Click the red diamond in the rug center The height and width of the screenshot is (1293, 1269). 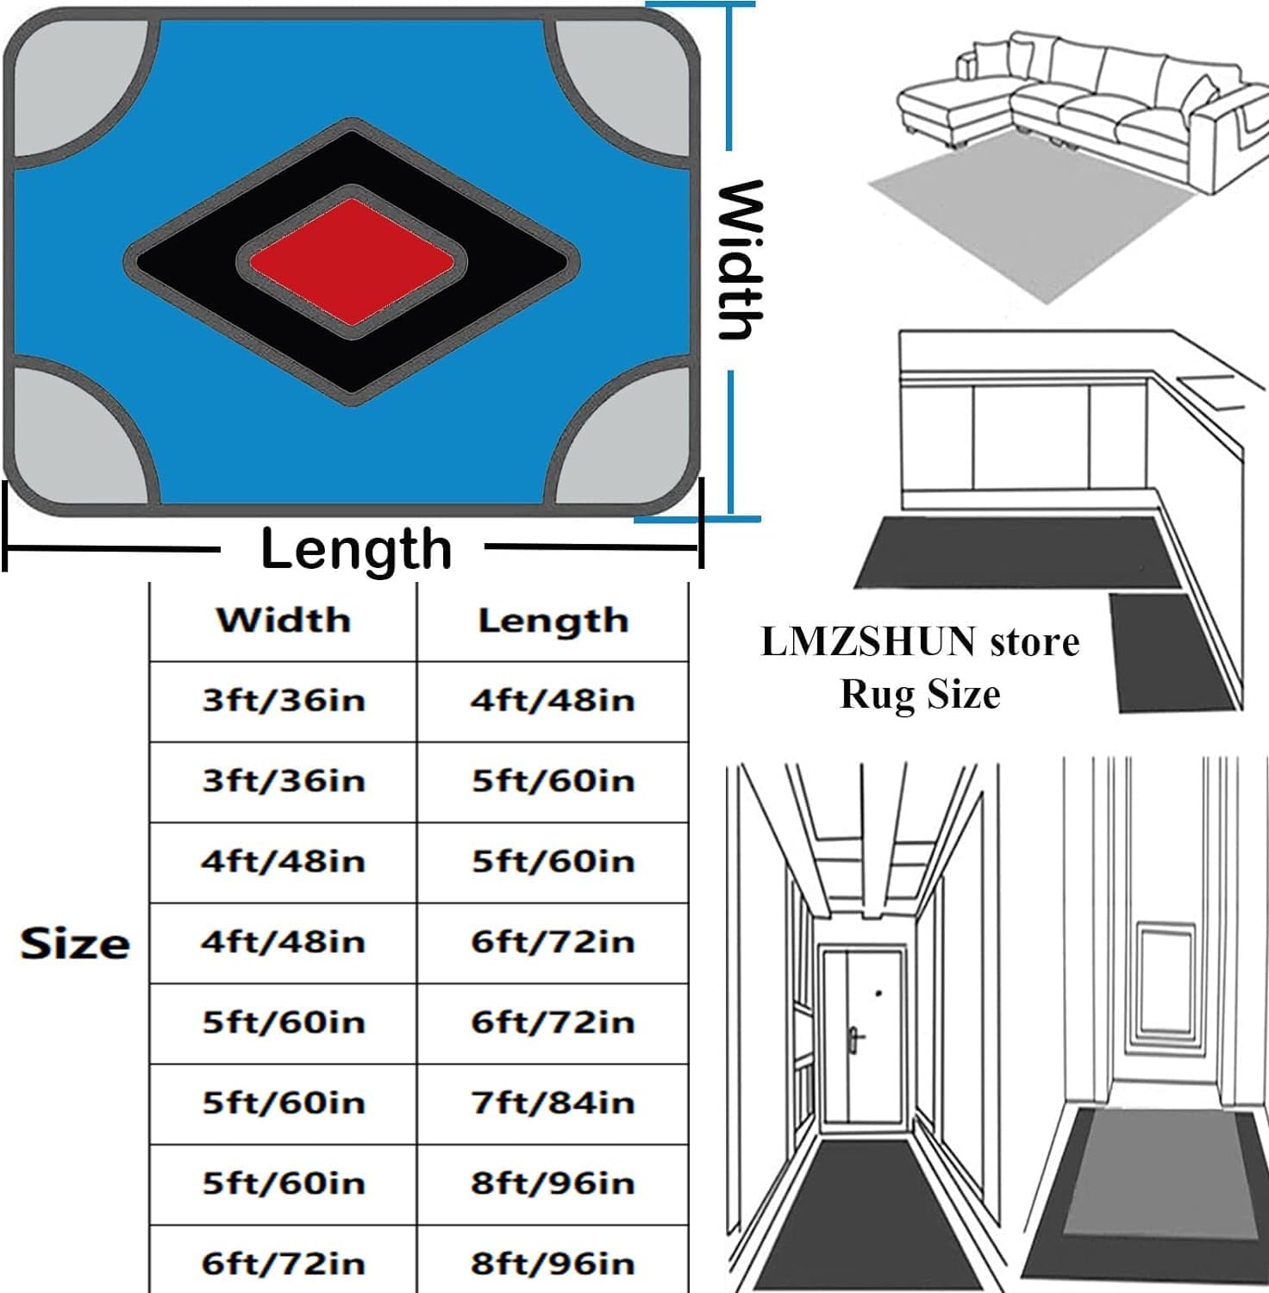tap(352, 262)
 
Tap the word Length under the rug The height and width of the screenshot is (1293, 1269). tap(356, 549)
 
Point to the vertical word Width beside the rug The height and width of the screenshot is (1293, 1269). tap(741, 260)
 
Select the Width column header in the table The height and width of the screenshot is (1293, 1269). tap(284, 620)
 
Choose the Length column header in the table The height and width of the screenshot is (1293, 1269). tap(553, 621)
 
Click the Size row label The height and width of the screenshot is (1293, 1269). tap(75, 943)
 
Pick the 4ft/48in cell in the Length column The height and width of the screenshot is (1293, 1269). tap(553, 700)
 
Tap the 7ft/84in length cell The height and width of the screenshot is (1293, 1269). tap(553, 1102)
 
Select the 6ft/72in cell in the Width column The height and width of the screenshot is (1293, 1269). tap(284, 1264)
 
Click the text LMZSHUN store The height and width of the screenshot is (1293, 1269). tap(920, 642)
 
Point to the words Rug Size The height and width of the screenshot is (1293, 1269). tap(920, 694)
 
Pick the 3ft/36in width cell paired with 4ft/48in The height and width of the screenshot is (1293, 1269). tap(284, 700)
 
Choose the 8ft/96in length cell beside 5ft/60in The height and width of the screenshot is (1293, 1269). tap(553, 1183)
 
